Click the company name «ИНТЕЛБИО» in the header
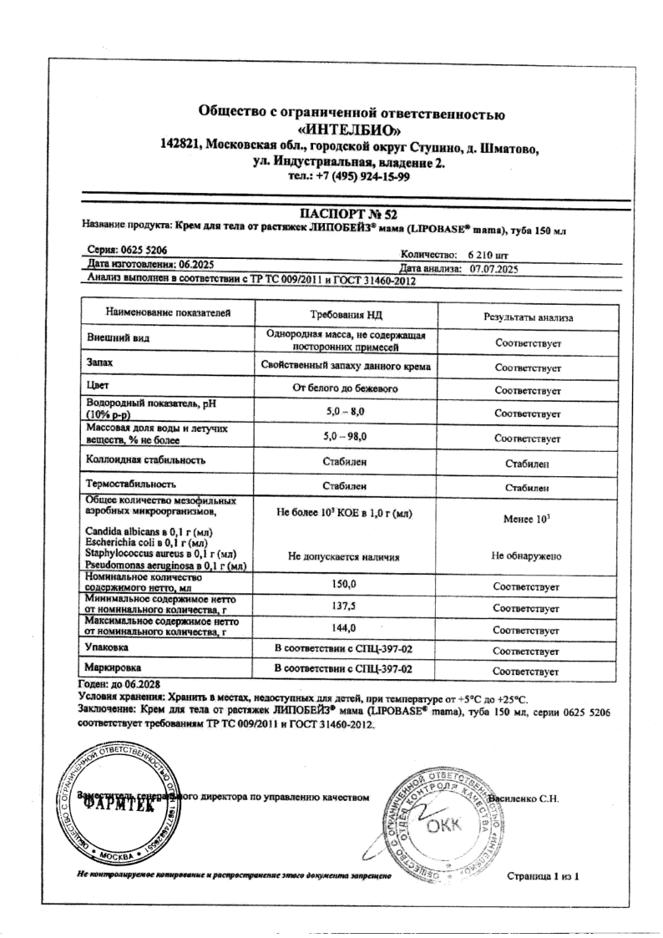tap(352, 130)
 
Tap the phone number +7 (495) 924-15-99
tap(352, 176)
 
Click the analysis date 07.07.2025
tap(495, 269)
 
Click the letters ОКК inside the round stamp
tap(440, 827)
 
